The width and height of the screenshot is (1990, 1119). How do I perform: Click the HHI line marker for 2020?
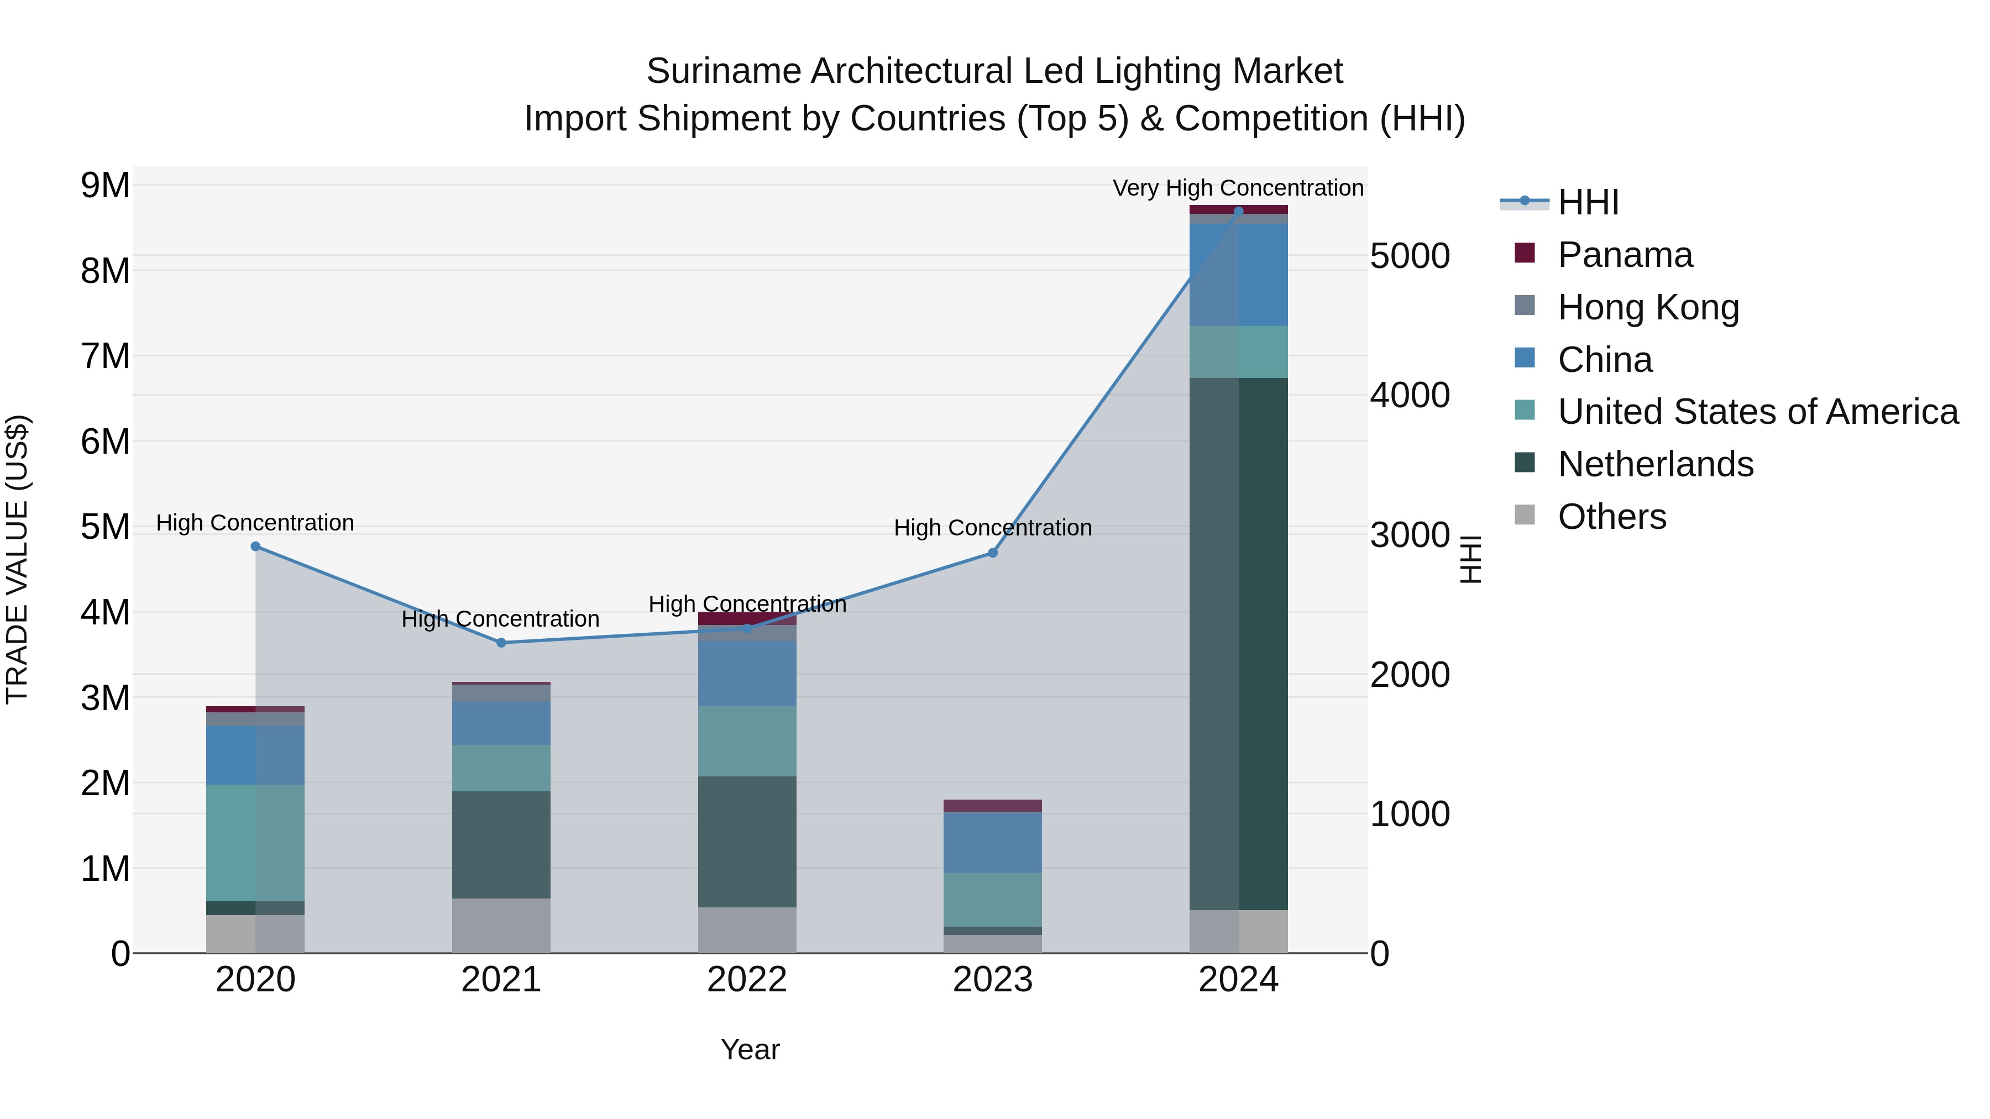pos(256,547)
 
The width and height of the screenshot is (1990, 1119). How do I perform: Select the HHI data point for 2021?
pos(501,643)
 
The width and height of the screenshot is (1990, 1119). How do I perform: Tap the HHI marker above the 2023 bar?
pos(993,553)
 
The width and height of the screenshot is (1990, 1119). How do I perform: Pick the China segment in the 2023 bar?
pos(993,843)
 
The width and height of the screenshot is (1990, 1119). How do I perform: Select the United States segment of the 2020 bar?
pos(256,843)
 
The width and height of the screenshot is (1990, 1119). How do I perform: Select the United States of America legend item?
pos(1757,412)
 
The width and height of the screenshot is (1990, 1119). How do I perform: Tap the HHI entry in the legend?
pos(1588,202)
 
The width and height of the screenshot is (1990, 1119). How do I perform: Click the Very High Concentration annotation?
pos(1238,188)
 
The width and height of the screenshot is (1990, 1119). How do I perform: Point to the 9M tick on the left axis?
pos(105,185)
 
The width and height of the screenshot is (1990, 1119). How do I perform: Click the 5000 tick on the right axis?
pos(1410,256)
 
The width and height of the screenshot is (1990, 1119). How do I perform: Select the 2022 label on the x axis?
pos(747,980)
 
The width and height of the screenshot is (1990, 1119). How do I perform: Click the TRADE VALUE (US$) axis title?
pos(17,559)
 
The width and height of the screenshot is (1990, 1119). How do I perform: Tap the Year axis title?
pos(750,1049)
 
